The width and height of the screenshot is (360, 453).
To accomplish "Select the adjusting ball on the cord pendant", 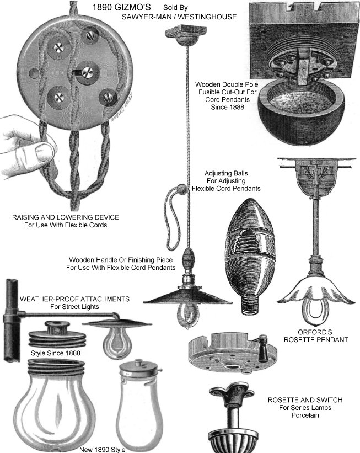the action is tap(181, 189).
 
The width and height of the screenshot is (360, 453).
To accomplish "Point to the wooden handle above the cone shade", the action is tap(188, 259).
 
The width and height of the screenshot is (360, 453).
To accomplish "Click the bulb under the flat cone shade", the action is tap(188, 316).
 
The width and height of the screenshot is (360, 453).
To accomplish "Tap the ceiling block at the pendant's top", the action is tap(186, 34).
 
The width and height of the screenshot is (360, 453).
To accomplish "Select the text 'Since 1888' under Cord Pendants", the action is tap(228, 107).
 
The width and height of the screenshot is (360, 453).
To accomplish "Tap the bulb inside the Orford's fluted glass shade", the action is tap(315, 312).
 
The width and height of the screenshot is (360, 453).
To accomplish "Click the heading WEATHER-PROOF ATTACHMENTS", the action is tap(74, 299).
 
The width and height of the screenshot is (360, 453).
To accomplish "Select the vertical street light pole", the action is tap(12, 320).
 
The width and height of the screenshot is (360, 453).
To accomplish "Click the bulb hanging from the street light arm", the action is tap(116, 343).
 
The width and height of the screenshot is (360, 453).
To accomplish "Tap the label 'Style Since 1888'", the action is tap(56, 353).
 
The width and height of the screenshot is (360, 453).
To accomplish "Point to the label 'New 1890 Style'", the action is tap(103, 450).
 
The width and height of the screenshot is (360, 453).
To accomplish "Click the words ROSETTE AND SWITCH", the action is tap(305, 400).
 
